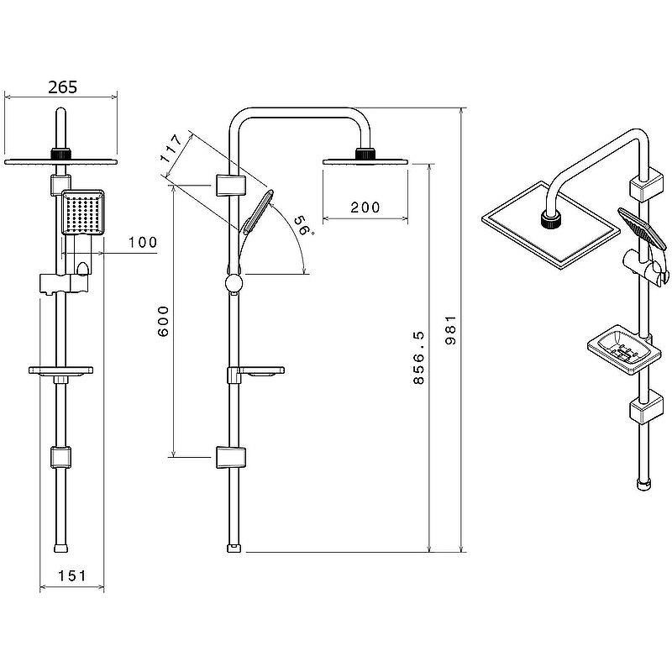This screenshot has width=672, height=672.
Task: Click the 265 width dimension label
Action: click(x=63, y=87)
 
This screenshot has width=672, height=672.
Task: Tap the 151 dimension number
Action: click(x=71, y=575)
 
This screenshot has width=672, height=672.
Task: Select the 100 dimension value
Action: click(x=143, y=243)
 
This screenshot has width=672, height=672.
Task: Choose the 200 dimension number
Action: click(x=365, y=207)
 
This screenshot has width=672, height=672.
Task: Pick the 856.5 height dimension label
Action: click(x=420, y=357)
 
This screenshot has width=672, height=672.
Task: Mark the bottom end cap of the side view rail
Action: click(x=234, y=549)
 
